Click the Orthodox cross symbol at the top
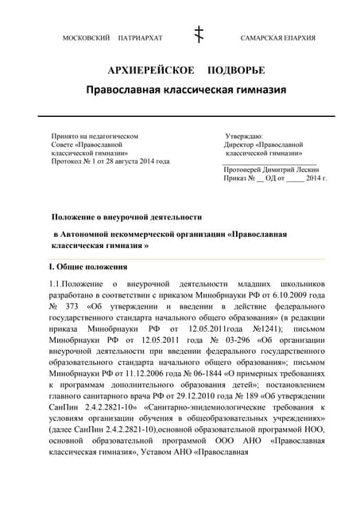(x=199, y=35)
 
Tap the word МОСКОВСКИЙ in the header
(x=85, y=38)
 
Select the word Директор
(x=242, y=146)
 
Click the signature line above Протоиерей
(x=269, y=163)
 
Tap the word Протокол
(x=68, y=162)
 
